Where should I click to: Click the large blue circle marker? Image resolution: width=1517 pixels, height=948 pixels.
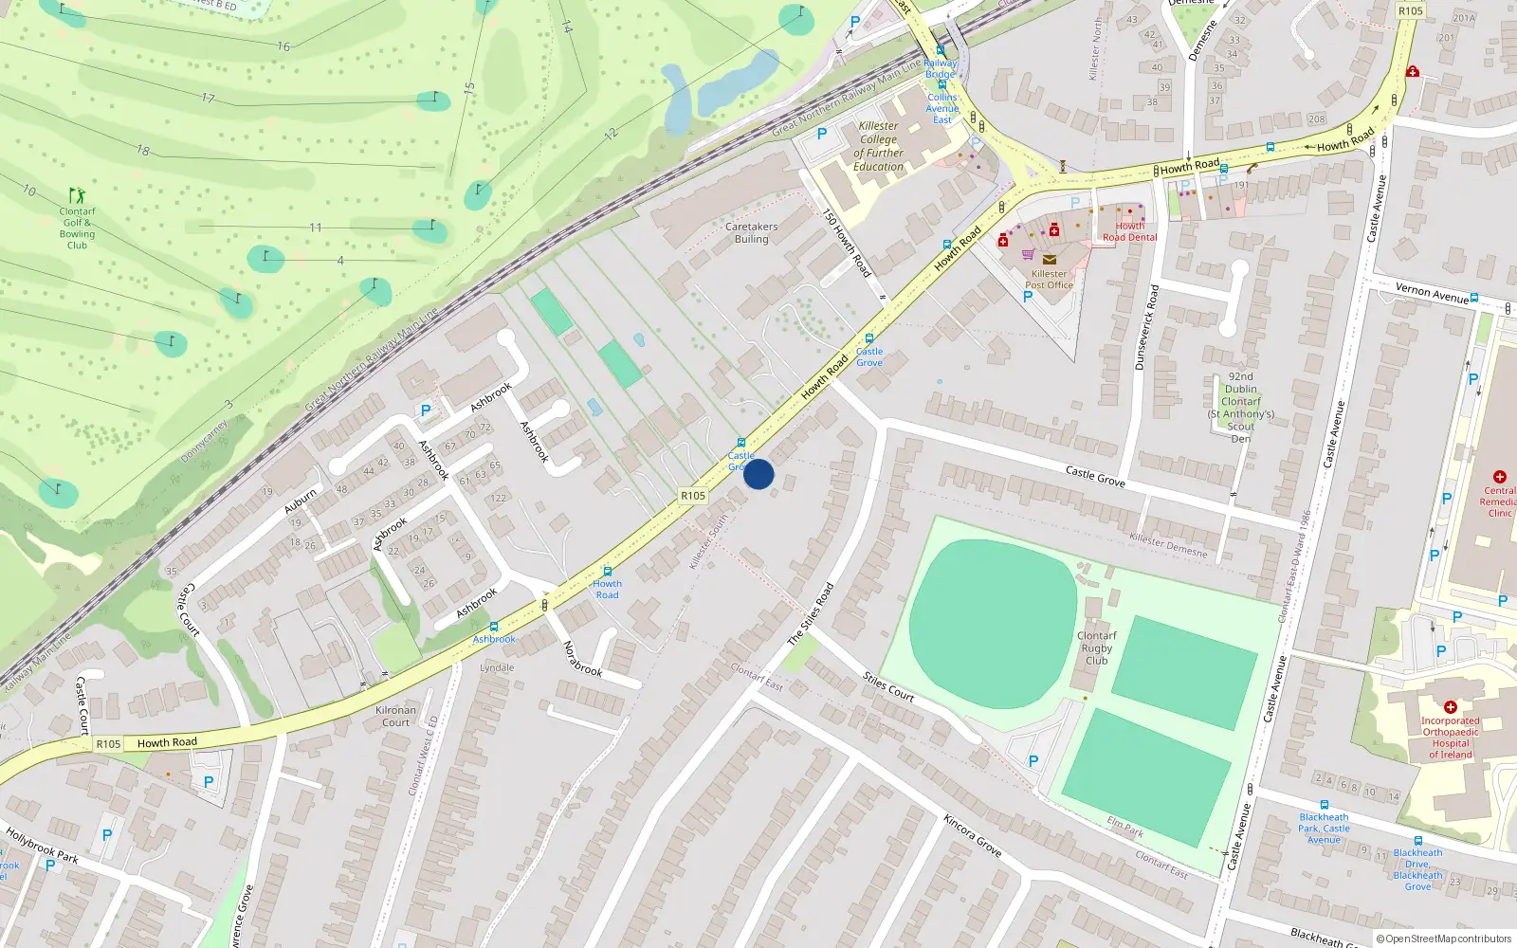[758, 474]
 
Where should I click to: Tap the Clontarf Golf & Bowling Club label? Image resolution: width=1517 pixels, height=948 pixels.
[77, 228]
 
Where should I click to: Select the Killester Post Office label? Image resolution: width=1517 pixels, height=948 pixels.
[1049, 280]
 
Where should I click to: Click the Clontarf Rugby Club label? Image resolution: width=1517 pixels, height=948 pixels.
[1096, 648]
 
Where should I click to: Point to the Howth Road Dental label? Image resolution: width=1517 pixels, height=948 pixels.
[1129, 232]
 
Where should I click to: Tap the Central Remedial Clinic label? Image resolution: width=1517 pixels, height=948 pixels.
[1499, 501]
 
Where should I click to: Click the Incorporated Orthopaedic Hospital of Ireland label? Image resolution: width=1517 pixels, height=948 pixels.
[1450, 738]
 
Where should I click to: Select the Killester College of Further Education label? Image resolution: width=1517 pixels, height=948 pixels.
[878, 146]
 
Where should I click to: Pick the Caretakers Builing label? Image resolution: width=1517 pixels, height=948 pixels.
[751, 233]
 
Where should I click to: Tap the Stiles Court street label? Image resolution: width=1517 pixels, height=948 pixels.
[888, 686]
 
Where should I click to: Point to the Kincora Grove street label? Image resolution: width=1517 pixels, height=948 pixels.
[972, 835]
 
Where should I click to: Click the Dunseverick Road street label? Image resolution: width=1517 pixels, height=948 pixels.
[1146, 327]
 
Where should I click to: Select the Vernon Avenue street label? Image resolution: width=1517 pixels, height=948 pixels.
[1432, 293]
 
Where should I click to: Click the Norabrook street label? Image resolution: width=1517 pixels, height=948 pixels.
[582, 659]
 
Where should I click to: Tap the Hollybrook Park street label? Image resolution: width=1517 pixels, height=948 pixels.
[43, 845]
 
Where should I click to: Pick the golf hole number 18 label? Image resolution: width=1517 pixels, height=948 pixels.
[143, 150]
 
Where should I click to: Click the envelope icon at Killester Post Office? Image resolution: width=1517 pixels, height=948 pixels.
[1049, 259]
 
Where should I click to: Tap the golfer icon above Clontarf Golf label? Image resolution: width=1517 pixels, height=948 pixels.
[77, 196]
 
